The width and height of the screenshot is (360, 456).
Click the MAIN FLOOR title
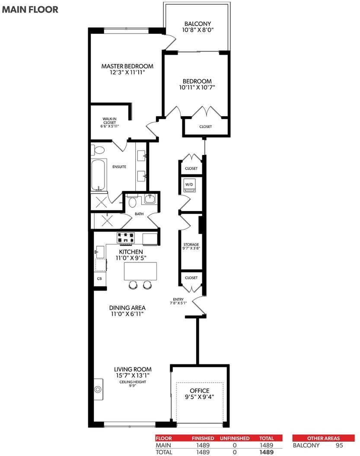pyautogui.click(x=30, y=9)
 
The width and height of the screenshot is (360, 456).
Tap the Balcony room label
pyautogui.click(x=198, y=24)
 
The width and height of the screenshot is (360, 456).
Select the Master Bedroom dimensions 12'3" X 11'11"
pyautogui.click(x=127, y=73)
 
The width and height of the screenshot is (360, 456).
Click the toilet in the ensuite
pyautogui.click(x=99, y=150)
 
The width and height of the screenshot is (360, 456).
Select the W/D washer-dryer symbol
pyautogui.click(x=189, y=185)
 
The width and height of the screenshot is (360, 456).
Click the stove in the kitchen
pyautogui.click(x=126, y=238)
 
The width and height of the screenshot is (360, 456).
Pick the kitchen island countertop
pyautogui.click(x=140, y=271)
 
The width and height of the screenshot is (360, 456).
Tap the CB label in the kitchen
pyautogui.click(x=99, y=279)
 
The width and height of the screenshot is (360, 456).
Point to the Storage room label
pyautogui.click(x=191, y=244)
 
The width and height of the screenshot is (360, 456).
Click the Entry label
pyautogui.click(x=178, y=299)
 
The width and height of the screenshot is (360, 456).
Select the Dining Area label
pyautogui.click(x=127, y=308)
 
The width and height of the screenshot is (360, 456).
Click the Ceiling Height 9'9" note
pyautogui.click(x=132, y=383)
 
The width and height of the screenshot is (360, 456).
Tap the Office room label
pyautogui.click(x=200, y=390)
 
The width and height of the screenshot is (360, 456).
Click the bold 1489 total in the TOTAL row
pyautogui.click(x=266, y=452)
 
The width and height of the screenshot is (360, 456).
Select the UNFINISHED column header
pyautogui.click(x=235, y=438)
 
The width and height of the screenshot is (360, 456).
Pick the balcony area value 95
pyautogui.click(x=339, y=445)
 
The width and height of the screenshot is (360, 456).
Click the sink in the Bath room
pyautogui.click(x=149, y=199)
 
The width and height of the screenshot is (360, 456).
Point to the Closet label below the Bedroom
pyautogui.click(x=205, y=127)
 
